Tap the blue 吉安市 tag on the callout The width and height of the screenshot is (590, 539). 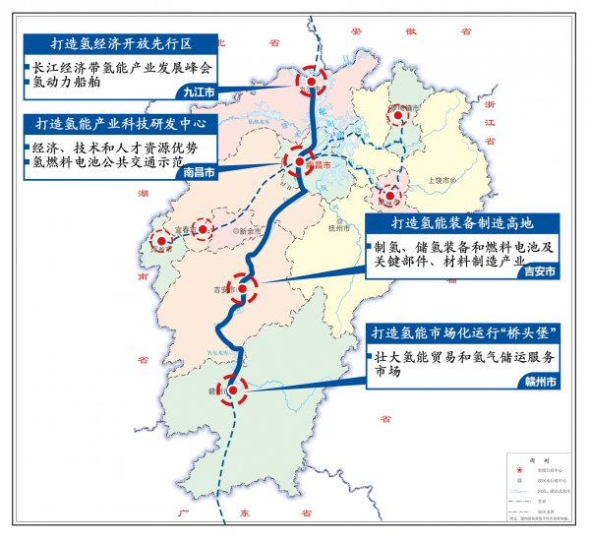pos(540,269)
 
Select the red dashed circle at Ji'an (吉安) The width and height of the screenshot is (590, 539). pos(243,288)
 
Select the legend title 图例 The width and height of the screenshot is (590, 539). pos(537,459)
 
